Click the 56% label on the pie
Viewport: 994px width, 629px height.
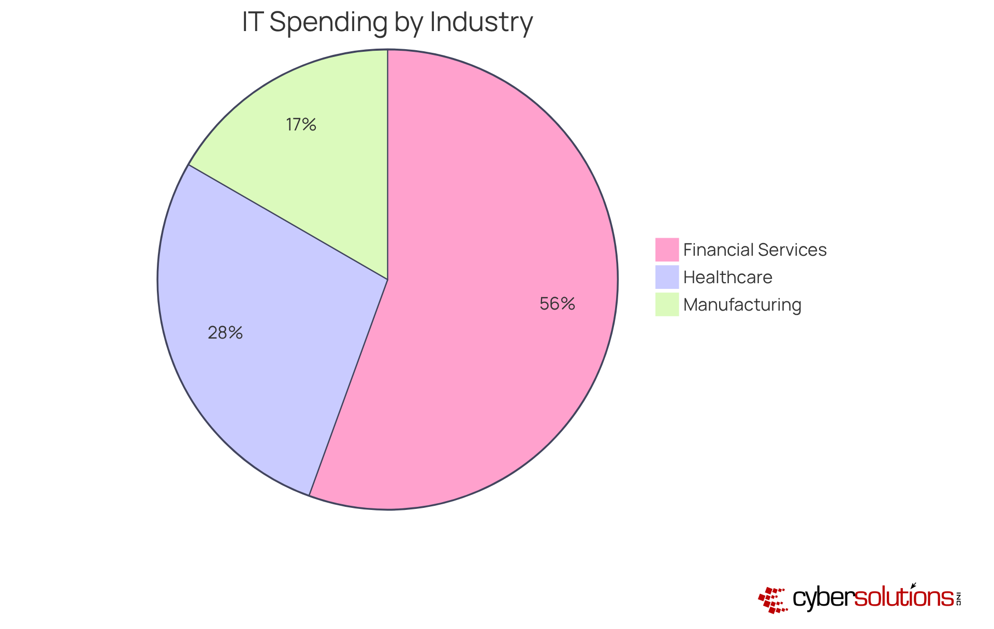tap(557, 304)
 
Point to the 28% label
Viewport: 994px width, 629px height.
tap(225, 333)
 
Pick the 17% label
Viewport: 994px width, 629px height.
tap(301, 125)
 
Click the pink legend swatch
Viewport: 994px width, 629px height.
tap(667, 250)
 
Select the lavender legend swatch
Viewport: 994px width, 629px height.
tap(667, 277)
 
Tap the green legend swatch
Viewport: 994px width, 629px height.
tap(667, 304)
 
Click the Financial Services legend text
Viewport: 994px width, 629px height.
tap(755, 250)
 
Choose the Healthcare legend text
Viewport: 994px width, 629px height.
tap(727, 277)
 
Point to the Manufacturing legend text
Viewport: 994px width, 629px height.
tap(742, 305)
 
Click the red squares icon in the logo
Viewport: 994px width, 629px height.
tap(772, 600)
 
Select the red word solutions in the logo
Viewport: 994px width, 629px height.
tap(903, 598)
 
